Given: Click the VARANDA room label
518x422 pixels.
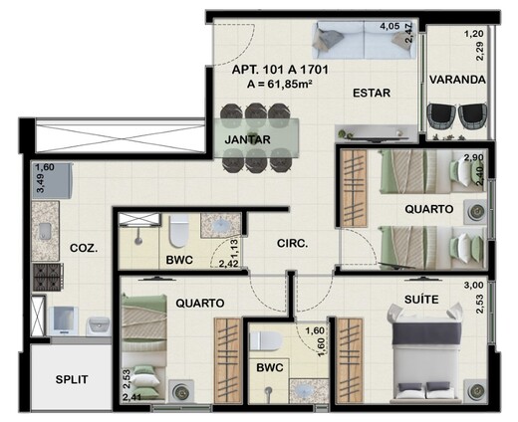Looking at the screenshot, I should [x=457, y=79].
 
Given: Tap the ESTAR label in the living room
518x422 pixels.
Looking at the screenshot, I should [x=370, y=94].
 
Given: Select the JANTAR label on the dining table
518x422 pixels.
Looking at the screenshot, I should [x=245, y=139].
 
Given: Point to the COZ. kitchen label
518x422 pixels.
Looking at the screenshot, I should [x=84, y=249].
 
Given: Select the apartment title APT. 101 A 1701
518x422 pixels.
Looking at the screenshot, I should [x=281, y=71].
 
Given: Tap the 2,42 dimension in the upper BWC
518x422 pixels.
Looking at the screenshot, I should [x=228, y=264].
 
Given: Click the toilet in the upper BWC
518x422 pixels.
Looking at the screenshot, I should [x=178, y=233].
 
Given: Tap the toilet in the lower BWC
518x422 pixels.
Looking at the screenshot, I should [x=267, y=341].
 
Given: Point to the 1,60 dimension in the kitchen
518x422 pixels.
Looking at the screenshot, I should [x=45, y=168].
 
